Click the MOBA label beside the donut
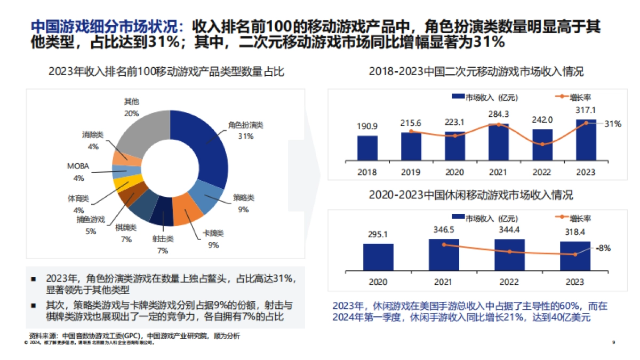tap(77, 166)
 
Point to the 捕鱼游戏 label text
tap(90, 219)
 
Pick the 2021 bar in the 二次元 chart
tap(498, 143)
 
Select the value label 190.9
tap(367, 126)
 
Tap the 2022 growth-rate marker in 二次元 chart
tap(542, 144)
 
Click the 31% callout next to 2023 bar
tap(612, 124)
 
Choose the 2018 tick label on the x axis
tap(367, 172)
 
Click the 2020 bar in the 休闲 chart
tap(378, 257)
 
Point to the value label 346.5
tap(444, 229)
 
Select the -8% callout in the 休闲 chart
tap(604, 248)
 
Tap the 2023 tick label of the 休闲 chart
tap(575, 282)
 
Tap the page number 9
tap(614, 342)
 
